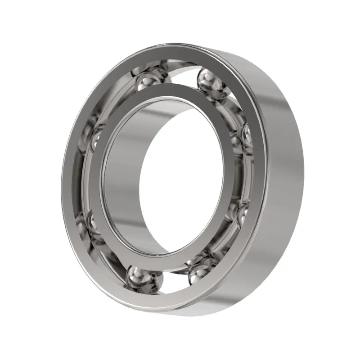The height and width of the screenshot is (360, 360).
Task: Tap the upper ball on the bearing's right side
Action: tap(247, 135)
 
